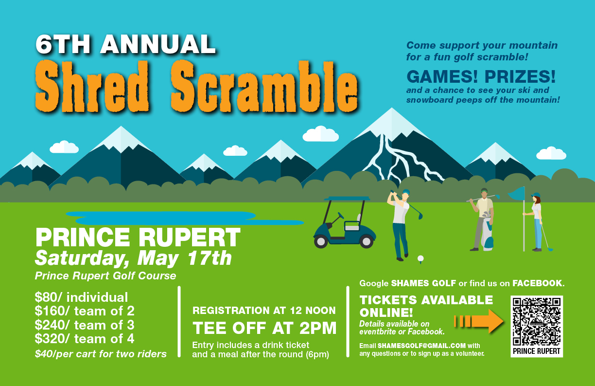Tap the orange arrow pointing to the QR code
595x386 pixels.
[x=479, y=321]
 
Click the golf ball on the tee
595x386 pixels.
[x=420, y=258]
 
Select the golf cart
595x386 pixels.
[x=345, y=222]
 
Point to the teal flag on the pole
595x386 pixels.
[x=517, y=193]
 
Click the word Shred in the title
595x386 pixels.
[x=92, y=86]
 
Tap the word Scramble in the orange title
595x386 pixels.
[x=264, y=86]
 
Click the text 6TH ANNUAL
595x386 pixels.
[x=125, y=44]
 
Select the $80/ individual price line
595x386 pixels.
[x=81, y=297]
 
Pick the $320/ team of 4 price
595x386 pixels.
[x=85, y=339]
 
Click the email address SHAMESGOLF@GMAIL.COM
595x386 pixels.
[x=421, y=346]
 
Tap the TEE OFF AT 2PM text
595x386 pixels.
[x=264, y=328]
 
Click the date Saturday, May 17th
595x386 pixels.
[x=133, y=258]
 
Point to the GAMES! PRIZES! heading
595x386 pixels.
[x=481, y=76]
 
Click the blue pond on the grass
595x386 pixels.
[x=185, y=218]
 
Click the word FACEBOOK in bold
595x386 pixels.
[x=537, y=283]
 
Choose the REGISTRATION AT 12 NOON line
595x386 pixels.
[x=264, y=311]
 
